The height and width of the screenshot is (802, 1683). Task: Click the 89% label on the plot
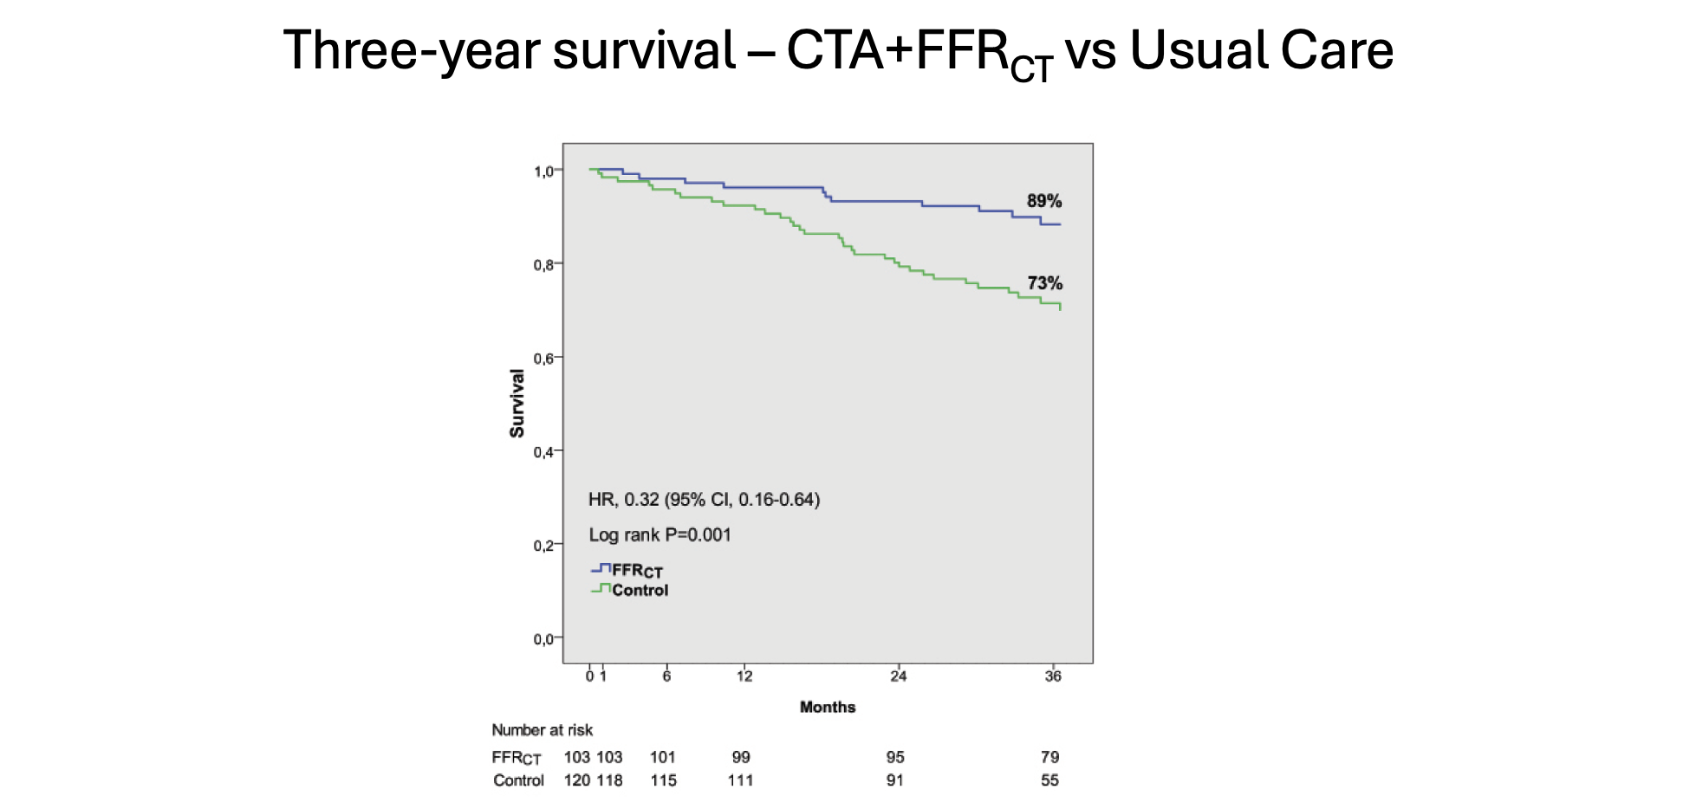[1043, 201]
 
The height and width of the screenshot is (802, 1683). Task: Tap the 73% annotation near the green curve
[1044, 283]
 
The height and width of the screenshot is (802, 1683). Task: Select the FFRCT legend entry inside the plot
[636, 571]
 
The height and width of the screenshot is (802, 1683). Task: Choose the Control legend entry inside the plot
[640, 591]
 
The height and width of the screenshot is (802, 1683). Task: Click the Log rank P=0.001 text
[660, 535]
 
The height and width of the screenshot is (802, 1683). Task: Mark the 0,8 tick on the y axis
[543, 265]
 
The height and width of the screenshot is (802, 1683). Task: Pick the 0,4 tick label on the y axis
[543, 452]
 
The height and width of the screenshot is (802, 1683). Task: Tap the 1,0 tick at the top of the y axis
[543, 171]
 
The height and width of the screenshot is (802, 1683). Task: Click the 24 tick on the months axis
[898, 676]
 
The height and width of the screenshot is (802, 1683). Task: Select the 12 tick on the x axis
[744, 676]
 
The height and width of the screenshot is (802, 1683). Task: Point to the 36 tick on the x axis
[1052, 676]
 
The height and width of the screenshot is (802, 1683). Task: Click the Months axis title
[827, 708]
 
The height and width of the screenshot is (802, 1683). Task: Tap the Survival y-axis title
[517, 404]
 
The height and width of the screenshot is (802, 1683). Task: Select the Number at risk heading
[542, 730]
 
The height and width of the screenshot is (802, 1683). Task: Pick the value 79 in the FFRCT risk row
[1049, 757]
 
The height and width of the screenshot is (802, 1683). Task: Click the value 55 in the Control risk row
[1049, 780]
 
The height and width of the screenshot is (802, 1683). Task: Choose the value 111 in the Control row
[740, 780]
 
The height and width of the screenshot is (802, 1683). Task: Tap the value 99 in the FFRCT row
[740, 757]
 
